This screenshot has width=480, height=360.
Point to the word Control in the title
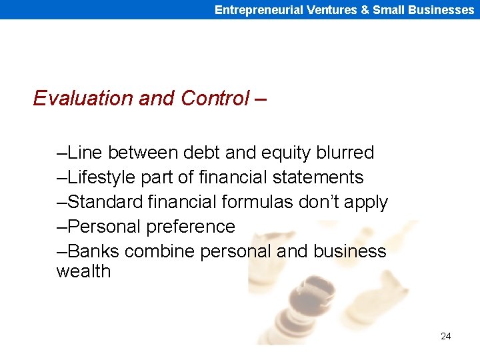pos(214,99)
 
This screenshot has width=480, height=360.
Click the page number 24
pos(445,336)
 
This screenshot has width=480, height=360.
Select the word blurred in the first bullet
pos(345,153)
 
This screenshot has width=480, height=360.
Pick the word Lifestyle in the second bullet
pos(101,177)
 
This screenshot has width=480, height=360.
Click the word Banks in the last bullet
pos(93,251)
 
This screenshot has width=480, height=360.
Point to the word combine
pos(155,251)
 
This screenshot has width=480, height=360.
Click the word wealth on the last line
pos(83,271)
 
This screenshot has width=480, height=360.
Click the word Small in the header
pos(388,9)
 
